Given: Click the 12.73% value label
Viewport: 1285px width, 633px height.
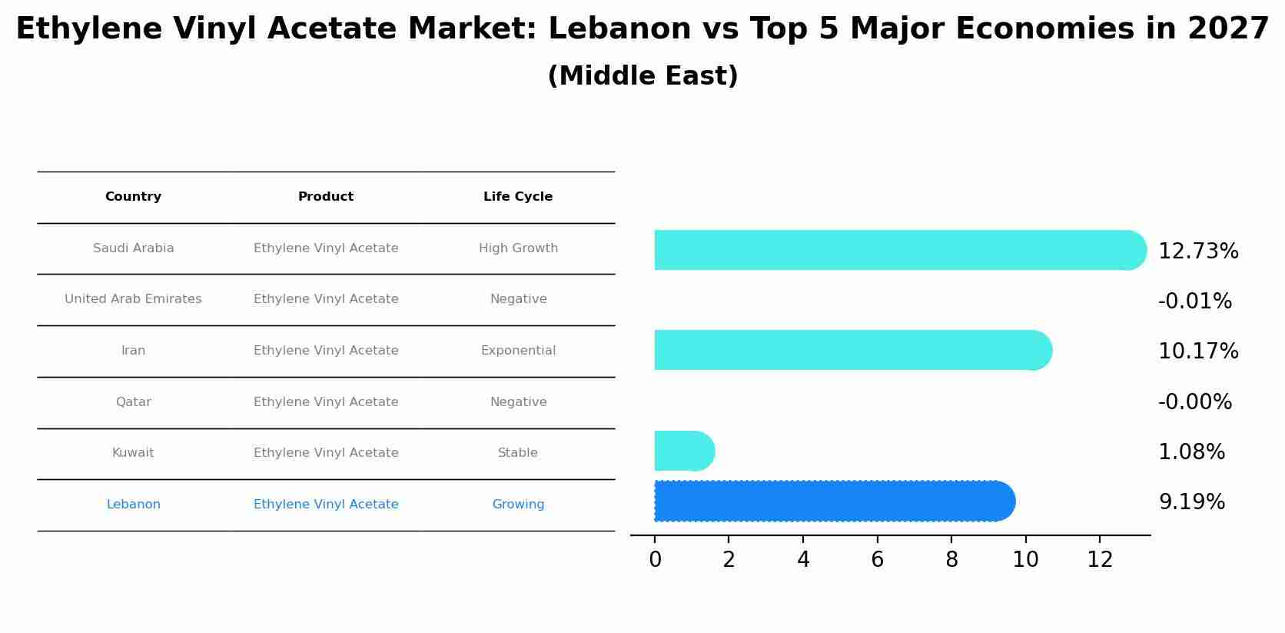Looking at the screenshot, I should point(1197,252).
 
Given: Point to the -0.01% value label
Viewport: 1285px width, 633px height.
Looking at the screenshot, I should point(1194,302).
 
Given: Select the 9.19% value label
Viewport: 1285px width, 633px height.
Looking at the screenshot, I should point(1191,502).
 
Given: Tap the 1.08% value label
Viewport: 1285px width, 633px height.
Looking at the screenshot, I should point(1191,452).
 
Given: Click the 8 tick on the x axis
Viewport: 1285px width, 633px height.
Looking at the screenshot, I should point(951,560).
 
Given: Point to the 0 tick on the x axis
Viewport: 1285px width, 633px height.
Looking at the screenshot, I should point(655,560).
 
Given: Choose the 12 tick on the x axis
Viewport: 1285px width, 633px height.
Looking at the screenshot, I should point(1100,560).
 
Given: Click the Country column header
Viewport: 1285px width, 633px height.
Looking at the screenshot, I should point(133,197).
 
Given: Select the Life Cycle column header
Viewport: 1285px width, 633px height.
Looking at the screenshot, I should point(518,197).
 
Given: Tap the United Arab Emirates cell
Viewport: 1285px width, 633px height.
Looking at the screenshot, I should point(133,299).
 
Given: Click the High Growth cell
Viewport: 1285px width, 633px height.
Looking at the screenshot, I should point(518,248).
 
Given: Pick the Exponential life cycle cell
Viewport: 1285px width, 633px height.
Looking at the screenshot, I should point(518,351).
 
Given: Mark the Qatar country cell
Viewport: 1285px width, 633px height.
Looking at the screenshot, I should point(133,402).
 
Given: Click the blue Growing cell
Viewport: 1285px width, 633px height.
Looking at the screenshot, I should point(518,505).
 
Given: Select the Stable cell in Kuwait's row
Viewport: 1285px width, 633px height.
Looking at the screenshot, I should point(518,453).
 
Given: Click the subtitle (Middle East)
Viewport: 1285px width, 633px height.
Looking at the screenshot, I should point(642,76).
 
